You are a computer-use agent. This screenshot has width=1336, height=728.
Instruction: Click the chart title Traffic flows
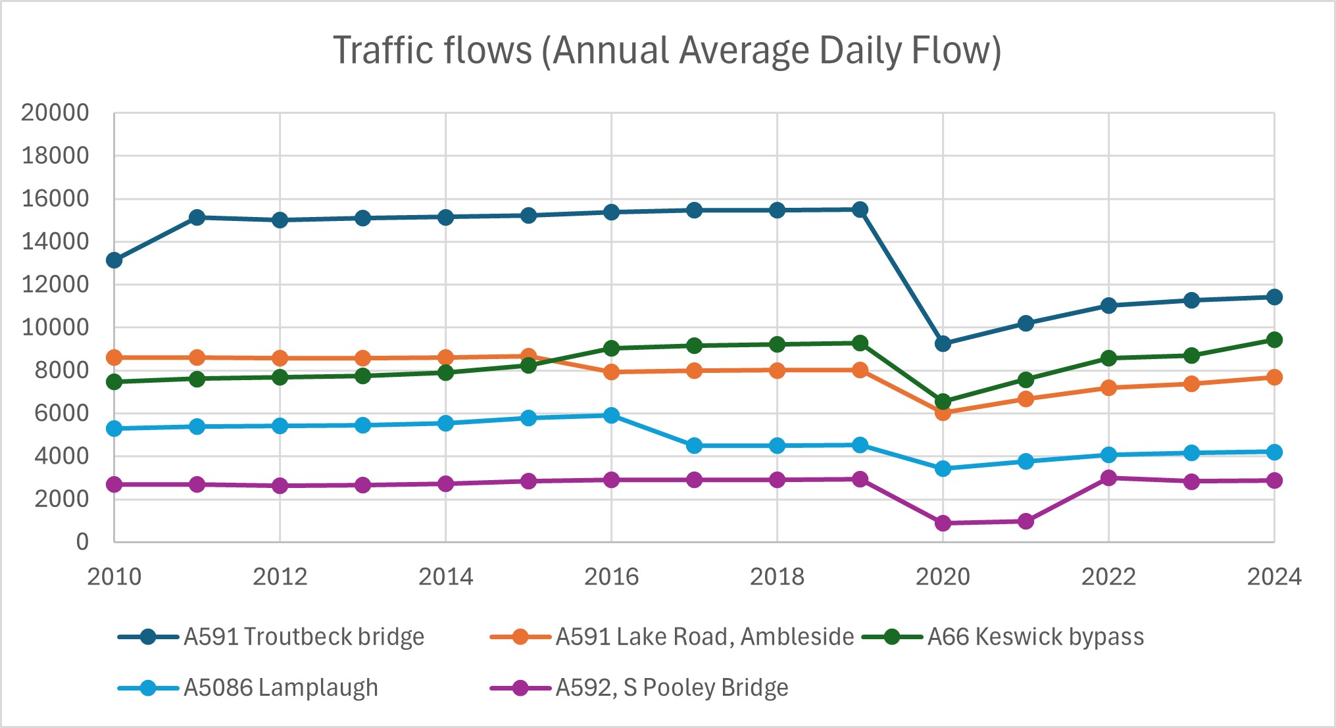click(667, 51)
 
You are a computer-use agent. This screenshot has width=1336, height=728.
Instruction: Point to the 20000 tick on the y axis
click(55, 113)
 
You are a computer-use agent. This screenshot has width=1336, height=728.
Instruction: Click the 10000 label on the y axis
click(55, 328)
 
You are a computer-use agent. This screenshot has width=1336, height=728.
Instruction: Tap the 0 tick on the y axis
click(82, 542)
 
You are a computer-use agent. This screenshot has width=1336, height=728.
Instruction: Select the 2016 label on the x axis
click(611, 577)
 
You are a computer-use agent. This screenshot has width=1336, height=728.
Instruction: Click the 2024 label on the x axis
click(1274, 577)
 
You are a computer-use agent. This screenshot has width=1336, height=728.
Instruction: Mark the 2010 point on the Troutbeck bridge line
click(114, 260)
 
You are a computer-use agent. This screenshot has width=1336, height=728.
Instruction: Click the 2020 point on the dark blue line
click(943, 343)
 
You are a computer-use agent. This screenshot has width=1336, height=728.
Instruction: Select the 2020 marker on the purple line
click(943, 523)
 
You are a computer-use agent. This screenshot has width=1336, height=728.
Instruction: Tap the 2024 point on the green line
click(1274, 340)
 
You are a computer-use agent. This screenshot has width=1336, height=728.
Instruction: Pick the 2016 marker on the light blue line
click(611, 415)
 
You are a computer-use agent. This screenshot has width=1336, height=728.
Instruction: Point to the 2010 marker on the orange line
click(114, 358)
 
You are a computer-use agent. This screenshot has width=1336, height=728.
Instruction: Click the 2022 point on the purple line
click(1108, 478)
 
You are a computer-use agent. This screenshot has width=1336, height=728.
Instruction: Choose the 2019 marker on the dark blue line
click(860, 210)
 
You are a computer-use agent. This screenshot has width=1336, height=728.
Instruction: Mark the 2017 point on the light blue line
click(694, 446)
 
